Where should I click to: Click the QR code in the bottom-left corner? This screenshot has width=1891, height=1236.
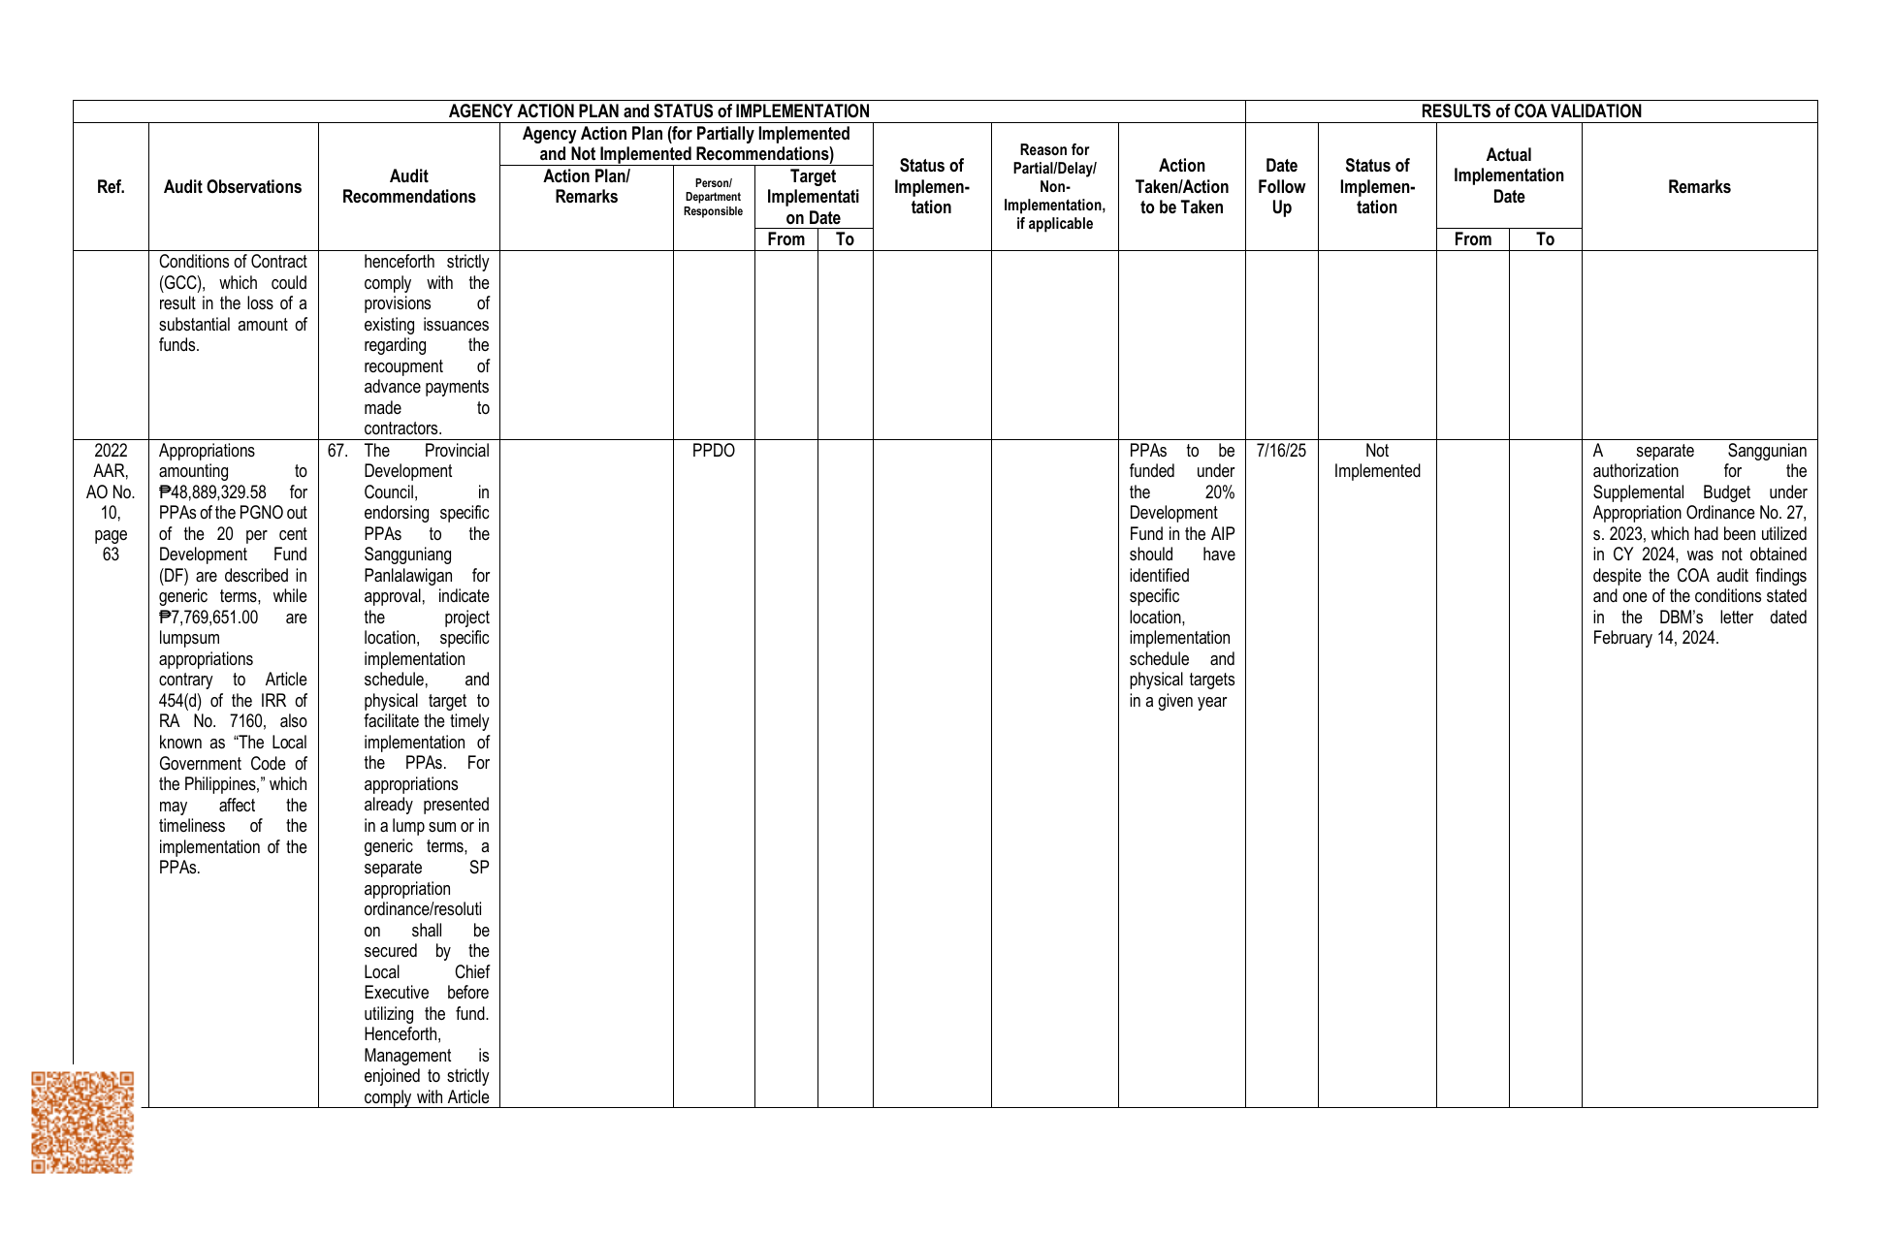[82, 1122]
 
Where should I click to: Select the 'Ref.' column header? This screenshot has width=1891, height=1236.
[111, 187]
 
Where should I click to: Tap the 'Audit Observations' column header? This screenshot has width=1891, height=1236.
[233, 187]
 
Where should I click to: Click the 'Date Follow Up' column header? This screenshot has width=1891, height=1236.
[1281, 187]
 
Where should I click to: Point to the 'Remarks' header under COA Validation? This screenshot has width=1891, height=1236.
[1699, 187]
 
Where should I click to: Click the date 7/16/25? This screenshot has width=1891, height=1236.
[1281, 451]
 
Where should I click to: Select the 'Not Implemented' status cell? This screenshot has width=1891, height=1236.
[1377, 461]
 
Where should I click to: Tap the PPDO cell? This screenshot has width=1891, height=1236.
[714, 451]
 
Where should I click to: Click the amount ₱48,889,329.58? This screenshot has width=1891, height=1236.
[213, 492]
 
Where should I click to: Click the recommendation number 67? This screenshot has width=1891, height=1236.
[337, 451]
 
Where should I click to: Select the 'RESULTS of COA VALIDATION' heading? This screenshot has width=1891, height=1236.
[1531, 111]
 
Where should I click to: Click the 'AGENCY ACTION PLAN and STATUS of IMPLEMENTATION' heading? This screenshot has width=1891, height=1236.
[658, 111]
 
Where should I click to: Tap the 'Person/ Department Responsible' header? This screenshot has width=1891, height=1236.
[714, 197]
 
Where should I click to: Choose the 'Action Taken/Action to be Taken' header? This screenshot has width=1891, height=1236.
[1181, 187]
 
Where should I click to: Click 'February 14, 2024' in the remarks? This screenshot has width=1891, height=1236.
[1655, 638]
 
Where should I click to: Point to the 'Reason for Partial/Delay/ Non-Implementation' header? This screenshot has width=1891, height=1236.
[1054, 187]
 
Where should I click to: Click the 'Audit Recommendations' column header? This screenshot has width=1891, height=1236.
[408, 187]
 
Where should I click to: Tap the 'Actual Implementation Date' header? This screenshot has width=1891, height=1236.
[1508, 175]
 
